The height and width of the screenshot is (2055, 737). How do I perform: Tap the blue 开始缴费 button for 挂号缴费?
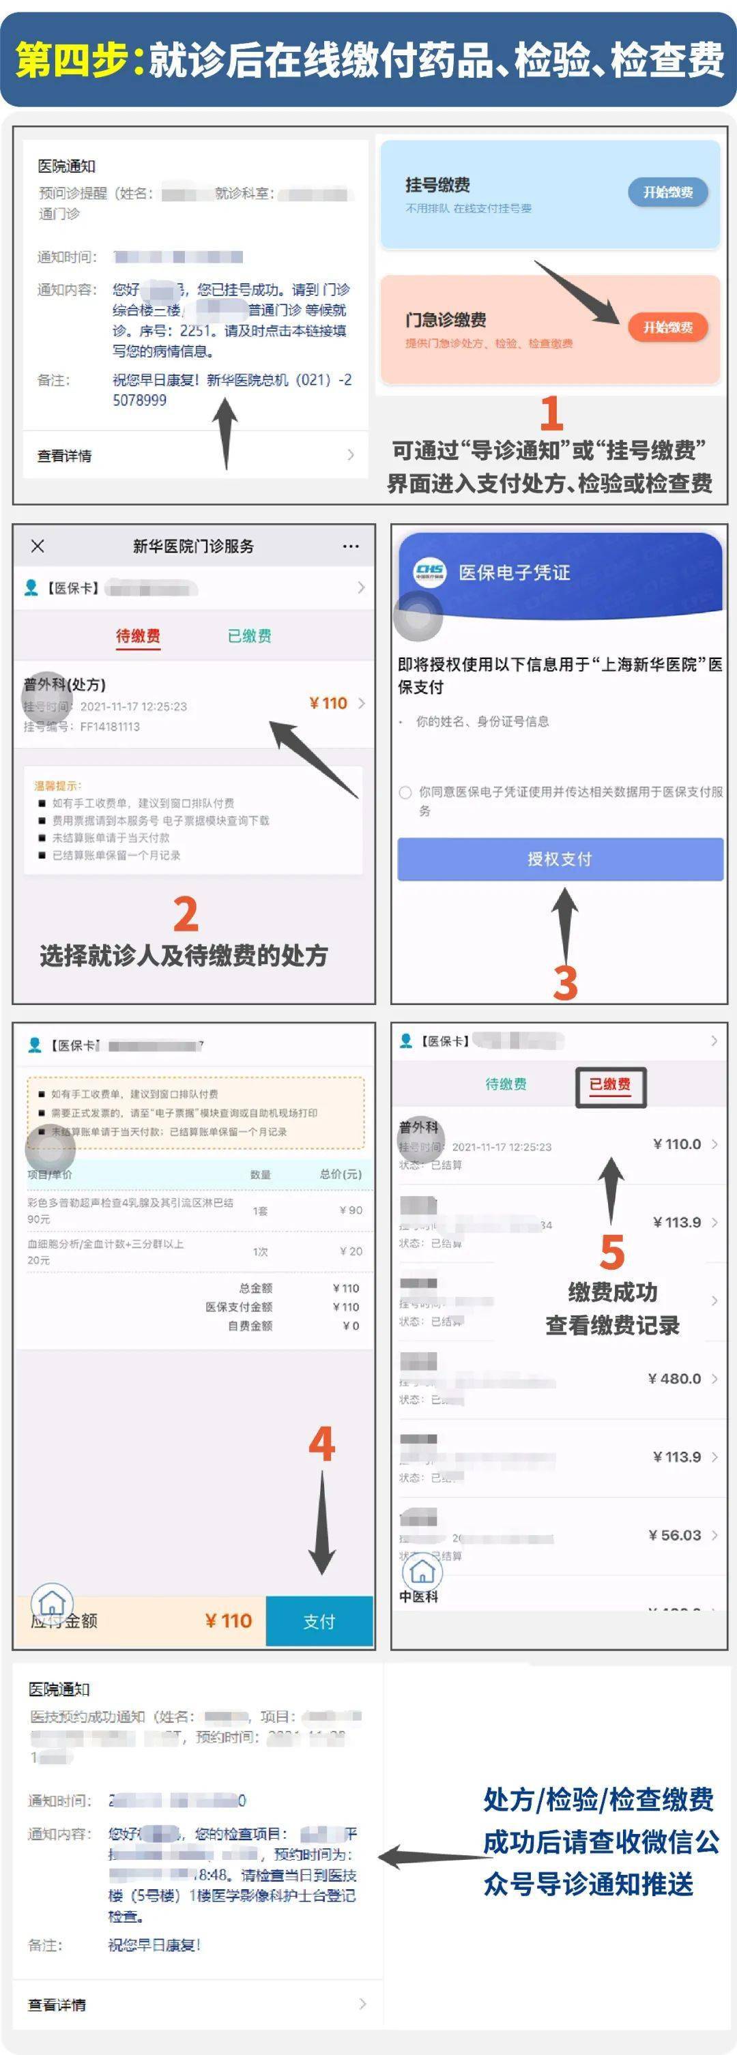point(667,192)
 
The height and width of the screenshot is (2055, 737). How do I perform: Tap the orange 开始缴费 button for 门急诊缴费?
point(667,327)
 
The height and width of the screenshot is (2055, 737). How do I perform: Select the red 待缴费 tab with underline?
point(138,636)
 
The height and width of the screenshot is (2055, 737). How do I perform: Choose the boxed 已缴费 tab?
point(610,1085)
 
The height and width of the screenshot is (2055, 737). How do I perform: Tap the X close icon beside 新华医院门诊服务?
point(38,546)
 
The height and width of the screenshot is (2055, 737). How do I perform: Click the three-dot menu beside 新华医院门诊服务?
point(350,546)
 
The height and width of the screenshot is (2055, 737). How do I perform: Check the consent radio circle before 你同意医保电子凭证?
point(405,792)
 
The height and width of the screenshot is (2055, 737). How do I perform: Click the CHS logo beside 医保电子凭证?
point(430,572)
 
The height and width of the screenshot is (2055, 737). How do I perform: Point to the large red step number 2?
point(185,914)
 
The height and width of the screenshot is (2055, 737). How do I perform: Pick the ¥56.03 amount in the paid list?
point(675,1535)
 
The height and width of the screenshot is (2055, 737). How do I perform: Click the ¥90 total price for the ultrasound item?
point(351,1210)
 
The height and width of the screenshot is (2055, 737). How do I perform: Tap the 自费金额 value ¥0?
point(351,1326)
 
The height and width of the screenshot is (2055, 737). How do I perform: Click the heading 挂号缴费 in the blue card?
point(437,185)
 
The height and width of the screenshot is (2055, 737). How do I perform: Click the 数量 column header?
point(260,1174)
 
